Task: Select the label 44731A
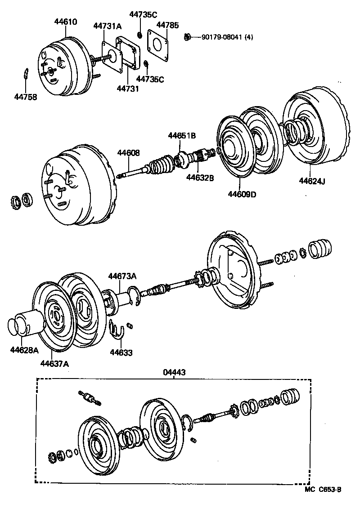[x=107, y=26]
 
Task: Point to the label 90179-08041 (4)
[x=224, y=37]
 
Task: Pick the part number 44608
[x=129, y=153]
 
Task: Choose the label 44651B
[x=182, y=135]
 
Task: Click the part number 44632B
[x=200, y=178]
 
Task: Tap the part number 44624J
[x=312, y=181]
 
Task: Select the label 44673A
[x=121, y=276]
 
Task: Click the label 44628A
[x=24, y=349]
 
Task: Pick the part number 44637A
[x=54, y=364]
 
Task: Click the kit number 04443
[x=174, y=372]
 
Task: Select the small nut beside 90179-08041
[x=188, y=36]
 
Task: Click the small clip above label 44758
[x=27, y=74]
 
